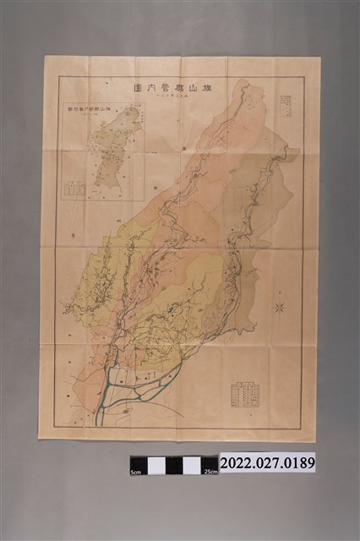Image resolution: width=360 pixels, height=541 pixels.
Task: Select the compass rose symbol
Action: (x=278, y=308)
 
